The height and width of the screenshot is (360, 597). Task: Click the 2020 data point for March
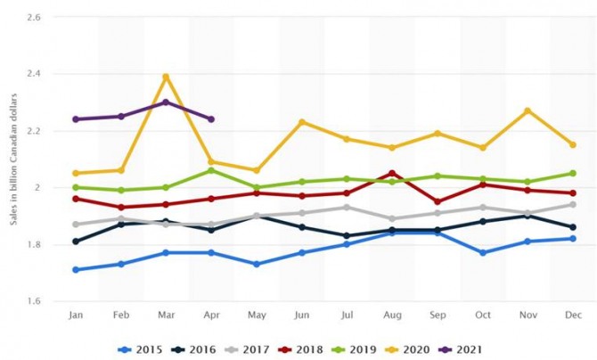tap(166, 77)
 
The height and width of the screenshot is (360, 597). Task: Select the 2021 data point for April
tap(211, 119)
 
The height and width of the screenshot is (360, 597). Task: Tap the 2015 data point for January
tap(76, 269)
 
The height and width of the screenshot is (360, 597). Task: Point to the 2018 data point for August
tap(391, 173)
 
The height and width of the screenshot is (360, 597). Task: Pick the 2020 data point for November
tap(527, 110)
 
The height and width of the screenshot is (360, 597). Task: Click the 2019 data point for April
tap(211, 170)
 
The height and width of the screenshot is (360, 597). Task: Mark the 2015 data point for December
tap(572, 238)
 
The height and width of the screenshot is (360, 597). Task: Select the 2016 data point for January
tap(76, 241)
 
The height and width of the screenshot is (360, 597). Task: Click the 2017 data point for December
tap(572, 205)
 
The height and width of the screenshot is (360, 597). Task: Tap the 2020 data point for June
tap(301, 121)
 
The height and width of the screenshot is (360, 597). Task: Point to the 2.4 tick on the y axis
tap(37, 74)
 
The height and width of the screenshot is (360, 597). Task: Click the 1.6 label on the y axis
tap(37, 301)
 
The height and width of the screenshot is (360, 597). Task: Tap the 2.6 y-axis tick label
tap(37, 17)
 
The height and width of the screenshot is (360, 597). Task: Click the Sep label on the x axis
tap(437, 314)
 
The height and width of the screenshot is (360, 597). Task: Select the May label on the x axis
tap(256, 314)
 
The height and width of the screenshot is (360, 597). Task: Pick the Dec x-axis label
tap(572, 314)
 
